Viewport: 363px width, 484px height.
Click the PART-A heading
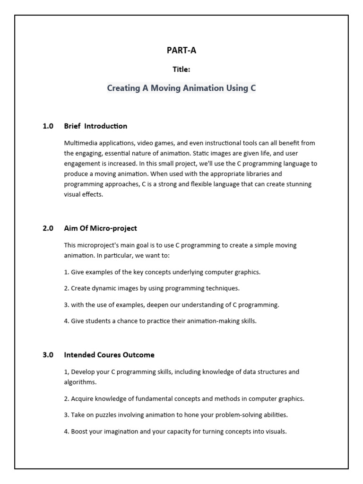[x=181, y=51]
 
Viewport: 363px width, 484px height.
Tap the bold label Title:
[x=181, y=69]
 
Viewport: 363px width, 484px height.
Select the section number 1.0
[x=48, y=126]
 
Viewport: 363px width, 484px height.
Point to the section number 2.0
[x=48, y=228]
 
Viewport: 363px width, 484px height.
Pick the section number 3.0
[x=48, y=354]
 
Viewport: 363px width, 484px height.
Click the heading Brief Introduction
[x=95, y=126]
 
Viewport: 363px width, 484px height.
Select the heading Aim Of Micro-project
[x=100, y=228]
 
